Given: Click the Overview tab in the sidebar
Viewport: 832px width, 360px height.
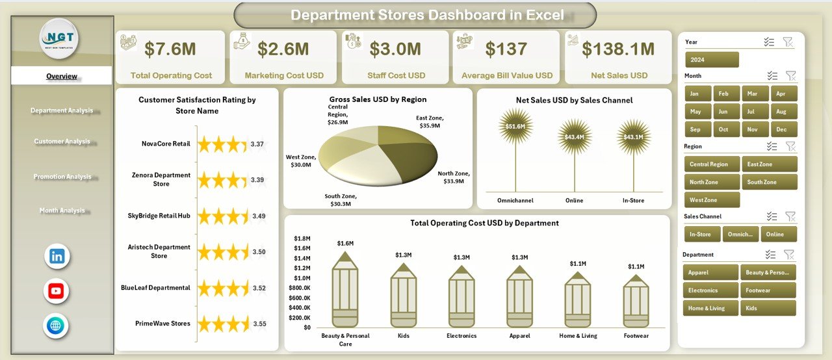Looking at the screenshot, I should point(62,76).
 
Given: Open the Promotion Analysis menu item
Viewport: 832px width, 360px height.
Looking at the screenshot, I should point(62,177).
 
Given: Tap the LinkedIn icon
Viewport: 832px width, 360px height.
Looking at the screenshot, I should point(57,256).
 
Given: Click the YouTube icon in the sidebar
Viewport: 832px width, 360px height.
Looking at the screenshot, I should point(56,291).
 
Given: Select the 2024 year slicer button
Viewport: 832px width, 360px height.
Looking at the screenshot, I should point(712,60).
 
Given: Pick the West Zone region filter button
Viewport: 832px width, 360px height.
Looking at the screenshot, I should point(711,199).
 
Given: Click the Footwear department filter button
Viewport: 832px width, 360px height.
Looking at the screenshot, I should point(768,290).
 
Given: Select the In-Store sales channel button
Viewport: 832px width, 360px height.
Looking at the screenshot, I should point(700,234).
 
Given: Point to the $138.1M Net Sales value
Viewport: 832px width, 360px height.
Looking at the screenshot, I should point(617,49).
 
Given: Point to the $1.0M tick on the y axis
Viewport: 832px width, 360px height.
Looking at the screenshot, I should point(302,277).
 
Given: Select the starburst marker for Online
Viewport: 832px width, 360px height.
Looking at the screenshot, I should point(575,136).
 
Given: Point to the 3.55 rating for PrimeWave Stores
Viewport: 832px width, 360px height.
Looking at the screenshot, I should point(259,323).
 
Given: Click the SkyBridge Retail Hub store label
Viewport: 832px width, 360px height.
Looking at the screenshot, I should point(159,215).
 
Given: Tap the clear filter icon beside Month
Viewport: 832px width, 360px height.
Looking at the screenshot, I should point(790,76).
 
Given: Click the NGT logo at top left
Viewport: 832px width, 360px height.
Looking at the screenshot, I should point(58,38).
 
